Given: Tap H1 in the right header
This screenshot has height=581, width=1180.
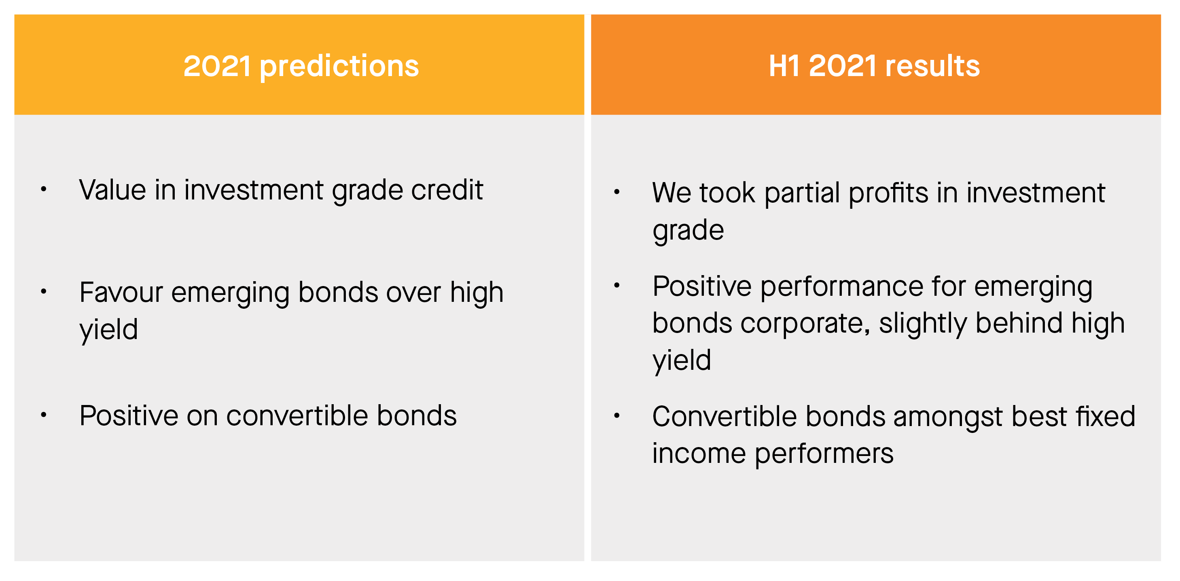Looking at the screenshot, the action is (784, 66).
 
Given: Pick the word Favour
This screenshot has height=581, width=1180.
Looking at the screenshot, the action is (121, 293).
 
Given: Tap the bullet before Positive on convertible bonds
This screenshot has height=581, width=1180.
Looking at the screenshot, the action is (44, 415).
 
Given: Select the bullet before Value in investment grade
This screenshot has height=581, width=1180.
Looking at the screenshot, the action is (44, 189).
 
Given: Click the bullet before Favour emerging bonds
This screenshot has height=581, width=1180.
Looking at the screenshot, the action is (44, 291).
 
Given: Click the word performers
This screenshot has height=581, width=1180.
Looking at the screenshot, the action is (824, 454).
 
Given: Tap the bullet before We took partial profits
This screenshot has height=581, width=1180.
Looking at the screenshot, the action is (616, 192).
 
